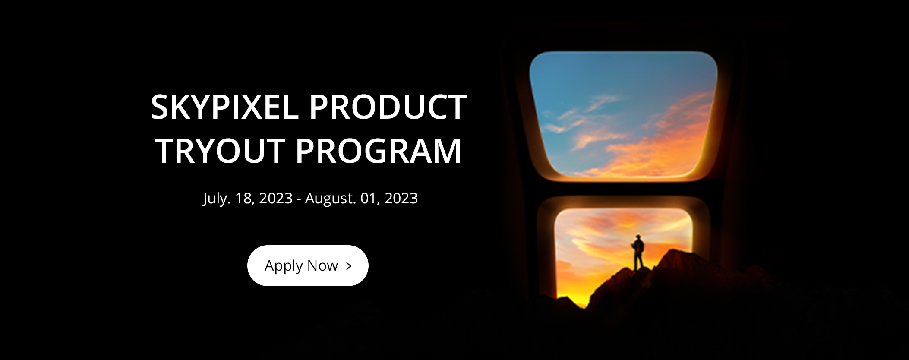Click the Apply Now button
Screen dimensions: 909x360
(x=308, y=265)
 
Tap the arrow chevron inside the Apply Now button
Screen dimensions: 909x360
(x=349, y=266)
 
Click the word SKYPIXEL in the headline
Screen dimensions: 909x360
(x=225, y=107)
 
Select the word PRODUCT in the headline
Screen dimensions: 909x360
(x=388, y=107)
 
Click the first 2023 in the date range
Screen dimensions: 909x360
(x=276, y=198)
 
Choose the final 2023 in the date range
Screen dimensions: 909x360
(x=401, y=198)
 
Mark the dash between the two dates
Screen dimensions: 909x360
(x=299, y=199)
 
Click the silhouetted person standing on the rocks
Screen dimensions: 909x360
(x=638, y=253)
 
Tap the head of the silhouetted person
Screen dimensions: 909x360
(x=638, y=237)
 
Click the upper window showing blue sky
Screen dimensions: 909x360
(x=623, y=114)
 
